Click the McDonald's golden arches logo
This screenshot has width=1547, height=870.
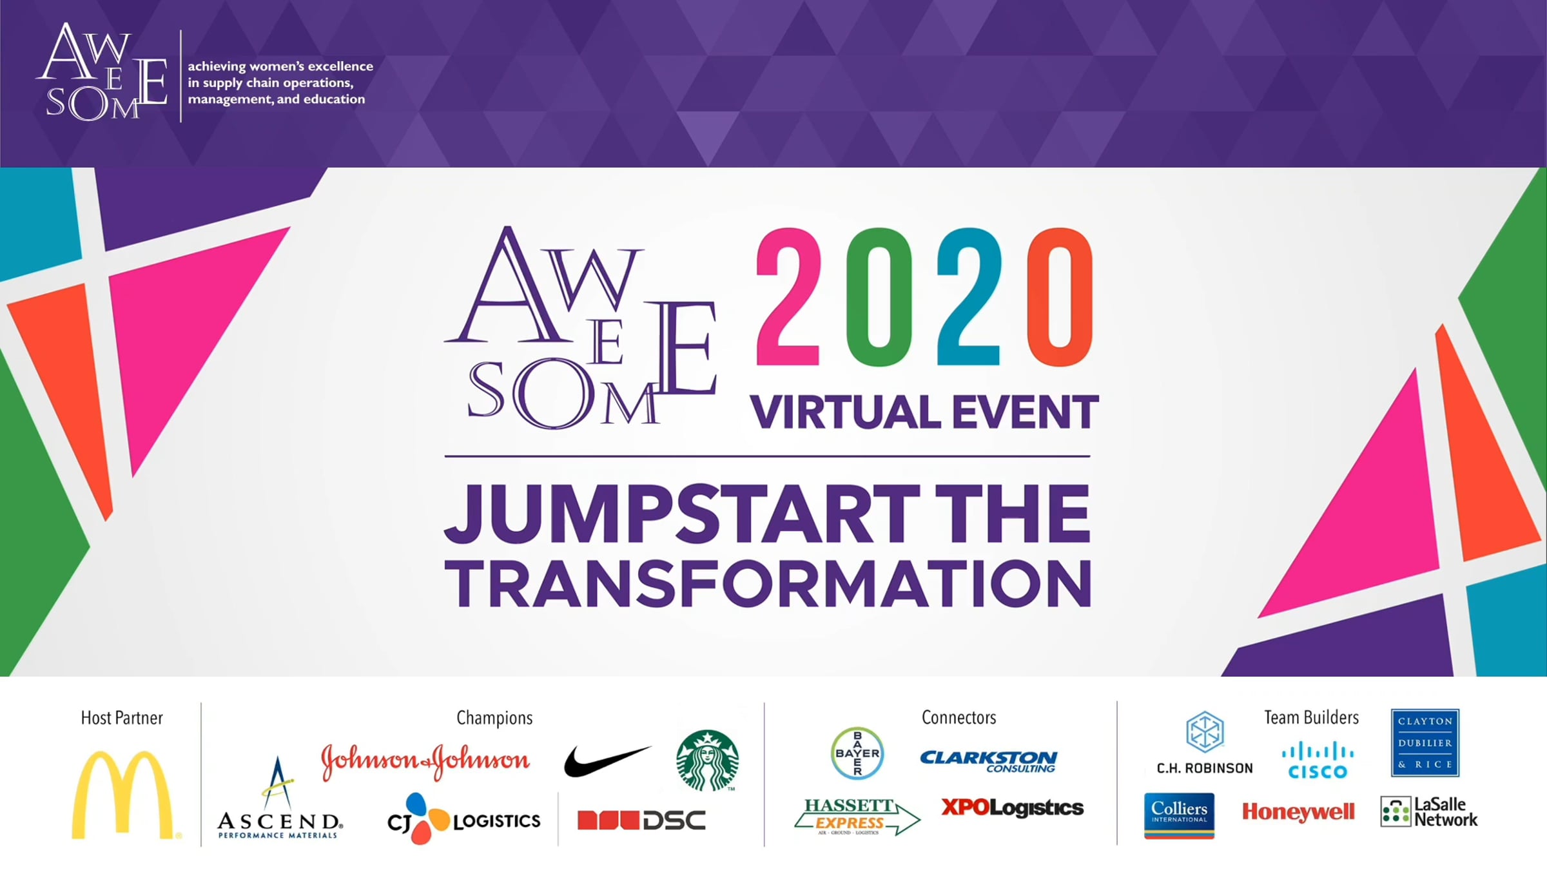pos(122,795)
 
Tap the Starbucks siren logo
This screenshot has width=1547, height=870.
pos(707,760)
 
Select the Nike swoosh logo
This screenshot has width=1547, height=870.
pos(607,761)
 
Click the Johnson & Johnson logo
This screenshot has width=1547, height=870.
pos(425,762)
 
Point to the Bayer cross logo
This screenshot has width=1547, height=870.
pos(857,753)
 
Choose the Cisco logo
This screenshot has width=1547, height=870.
pos(1318,760)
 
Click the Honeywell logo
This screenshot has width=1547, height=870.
pos(1298,812)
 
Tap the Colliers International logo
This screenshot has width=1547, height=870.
pos(1179,816)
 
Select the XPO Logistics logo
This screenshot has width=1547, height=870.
pos(1012,807)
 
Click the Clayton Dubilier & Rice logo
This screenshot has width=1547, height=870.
pos(1425,743)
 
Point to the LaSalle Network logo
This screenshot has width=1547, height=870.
pos(1429,812)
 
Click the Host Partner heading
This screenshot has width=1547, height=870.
pos(122,718)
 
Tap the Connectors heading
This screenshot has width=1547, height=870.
pos(958,717)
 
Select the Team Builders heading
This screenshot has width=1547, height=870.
pos(1311,717)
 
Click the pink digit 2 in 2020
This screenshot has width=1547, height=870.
pos(788,297)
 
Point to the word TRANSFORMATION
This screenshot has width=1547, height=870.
pos(768,583)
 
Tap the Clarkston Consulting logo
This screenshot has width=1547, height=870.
pos(989,761)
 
